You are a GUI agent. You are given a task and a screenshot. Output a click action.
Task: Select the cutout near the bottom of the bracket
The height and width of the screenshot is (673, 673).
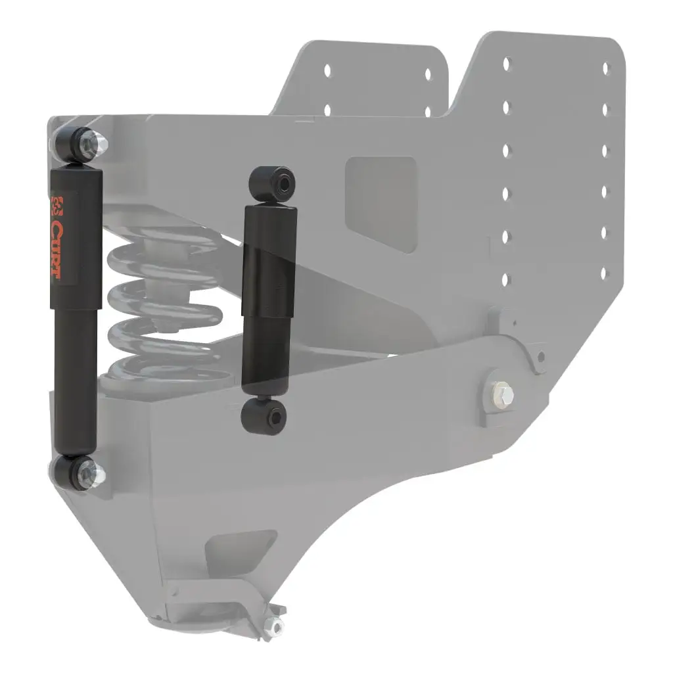pyautogui.click(x=240, y=549)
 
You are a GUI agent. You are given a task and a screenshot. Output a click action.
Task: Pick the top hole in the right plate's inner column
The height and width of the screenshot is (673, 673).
pyautogui.click(x=506, y=64)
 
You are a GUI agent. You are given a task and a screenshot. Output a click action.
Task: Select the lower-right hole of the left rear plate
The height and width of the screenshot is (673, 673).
pyautogui.click(x=429, y=111)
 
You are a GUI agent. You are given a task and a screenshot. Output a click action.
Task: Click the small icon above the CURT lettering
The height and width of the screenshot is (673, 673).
pyautogui.click(x=57, y=206)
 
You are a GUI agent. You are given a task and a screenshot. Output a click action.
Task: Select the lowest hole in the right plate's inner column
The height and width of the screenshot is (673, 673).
pyautogui.click(x=505, y=280)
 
